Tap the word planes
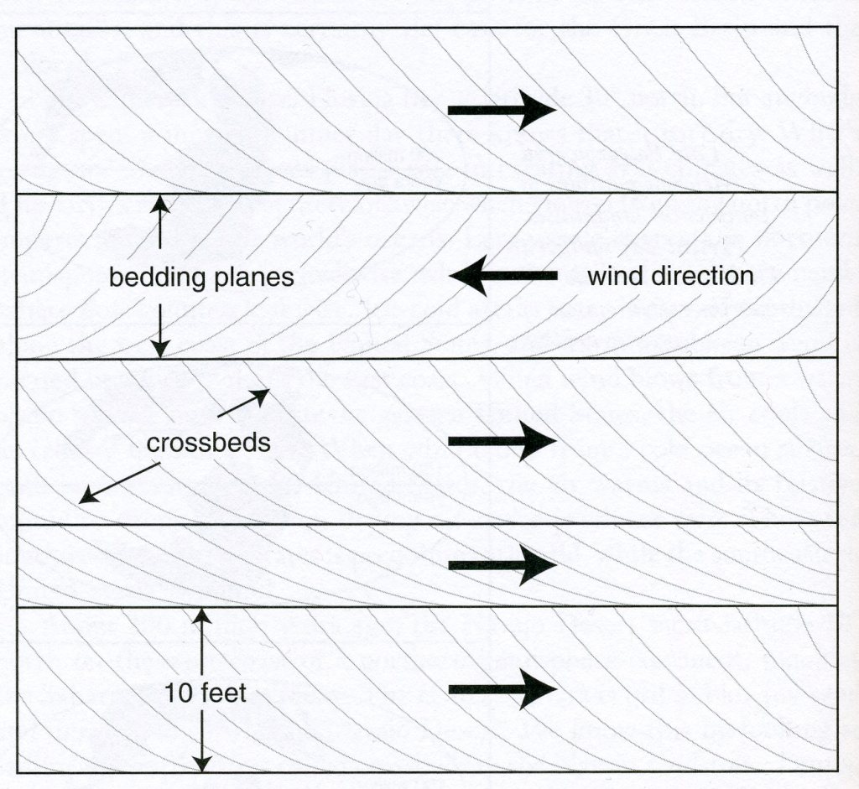coord(253,278)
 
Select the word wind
coord(616,276)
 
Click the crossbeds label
coord(208,443)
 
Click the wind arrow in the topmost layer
coord(502,110)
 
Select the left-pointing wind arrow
coord(503,276)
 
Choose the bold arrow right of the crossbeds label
coord(502,440)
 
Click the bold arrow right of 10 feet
coord(502,689)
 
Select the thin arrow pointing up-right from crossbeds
coord(243,403)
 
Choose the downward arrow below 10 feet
coord(201,741)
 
